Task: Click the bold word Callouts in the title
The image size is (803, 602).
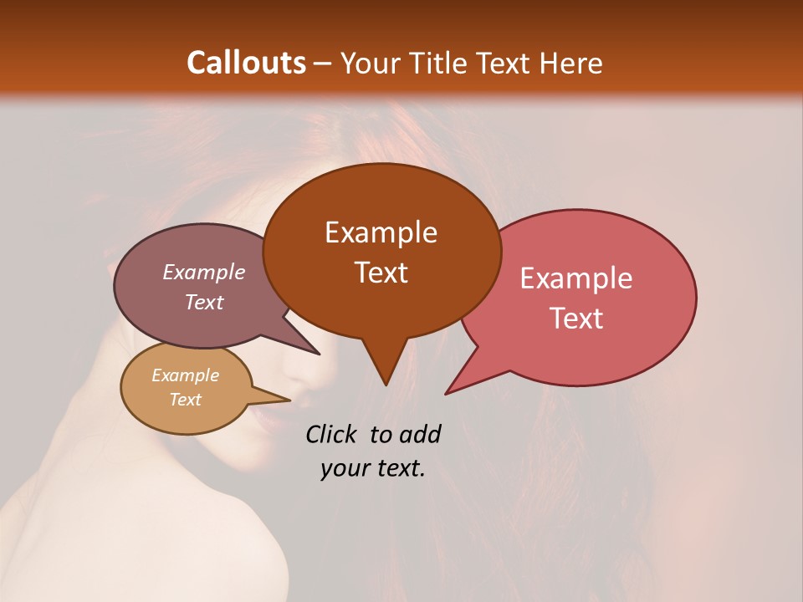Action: pyautogui.click(x=246, y=63)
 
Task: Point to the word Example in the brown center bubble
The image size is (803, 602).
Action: pyautogui.click(x=381, y=232)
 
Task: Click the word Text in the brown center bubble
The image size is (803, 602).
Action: pyautogui.click(x=381, y=273)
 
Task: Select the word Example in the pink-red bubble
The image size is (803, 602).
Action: pyautogui.click(x=576, y=278)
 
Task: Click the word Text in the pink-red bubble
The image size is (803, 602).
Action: pyautogui.click(x=577, y=319)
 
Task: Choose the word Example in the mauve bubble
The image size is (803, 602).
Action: pyautogui.click(x=203, y=272)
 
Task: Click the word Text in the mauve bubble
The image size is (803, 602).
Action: pyautogui.click(x=203, y=302)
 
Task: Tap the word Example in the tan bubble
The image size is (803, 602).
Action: pyautogui.click(x=185, y=375)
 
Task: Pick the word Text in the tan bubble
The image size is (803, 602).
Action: pyautogui.click(x=185, y=400)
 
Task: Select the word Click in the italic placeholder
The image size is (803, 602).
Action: pyautogui.click(x=332, y=434)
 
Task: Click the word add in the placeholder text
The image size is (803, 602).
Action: pyautogui.click(x=420, y=434)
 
